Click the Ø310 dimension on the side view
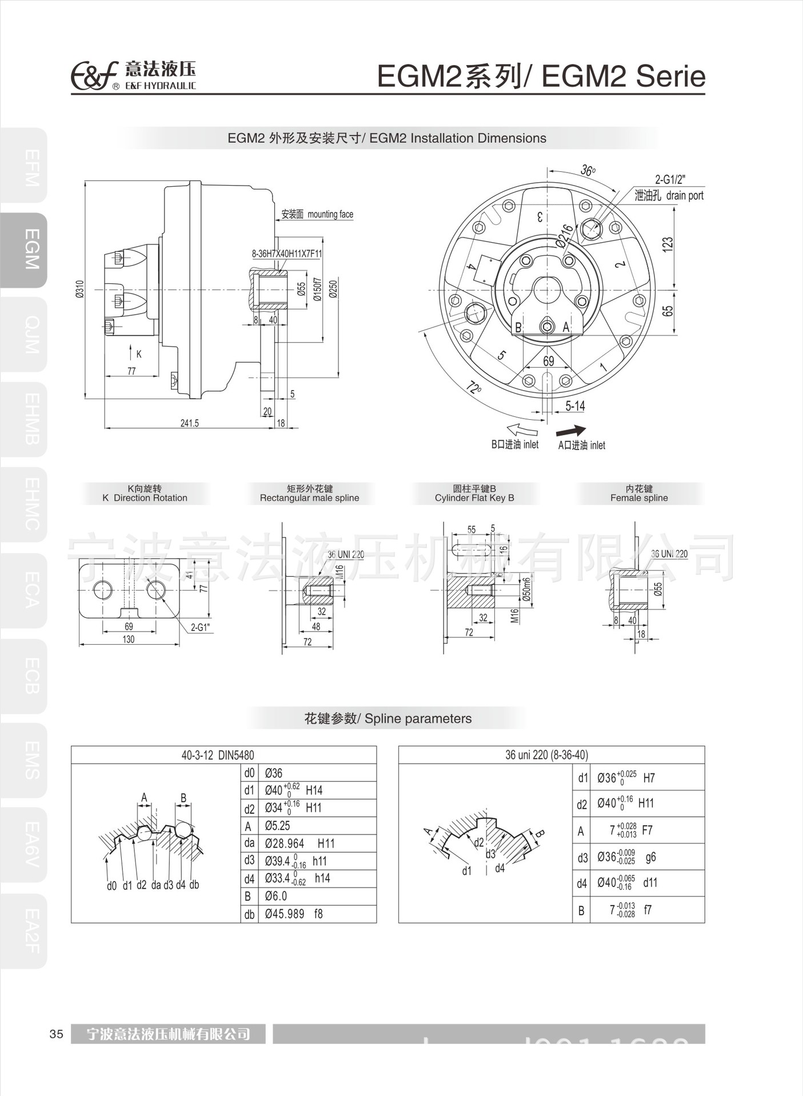pyautogui.click(x=80, y=289)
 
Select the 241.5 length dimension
pyautogui.click(x=189, y=423)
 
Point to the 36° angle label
pyautogui.click(x=588, y=170)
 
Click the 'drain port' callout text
pyautogui.click(x=684, y=195)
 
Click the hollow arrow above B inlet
pyautogui.click(x=523, y=429)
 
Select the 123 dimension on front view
pyautogui.click(x=668, y=244)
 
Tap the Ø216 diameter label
pyautogui.click(x=565, y=236)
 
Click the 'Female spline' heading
pyautogui.click(x=639, y=497)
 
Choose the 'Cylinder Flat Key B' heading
pyautogui.click(x=474, y=497)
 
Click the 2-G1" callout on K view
pyautogui.click(x=200, y=627)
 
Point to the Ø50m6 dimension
pyautogui.click(x=527, y=589)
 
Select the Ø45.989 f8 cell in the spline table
pyautogui.click(x=294, y=914)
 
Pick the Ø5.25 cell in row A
pyautogui.click(x=278, y=826)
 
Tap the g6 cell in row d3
pyautogui.click(x=650, y=857)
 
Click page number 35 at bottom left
pyautogui.click(x=56, y=1034)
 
